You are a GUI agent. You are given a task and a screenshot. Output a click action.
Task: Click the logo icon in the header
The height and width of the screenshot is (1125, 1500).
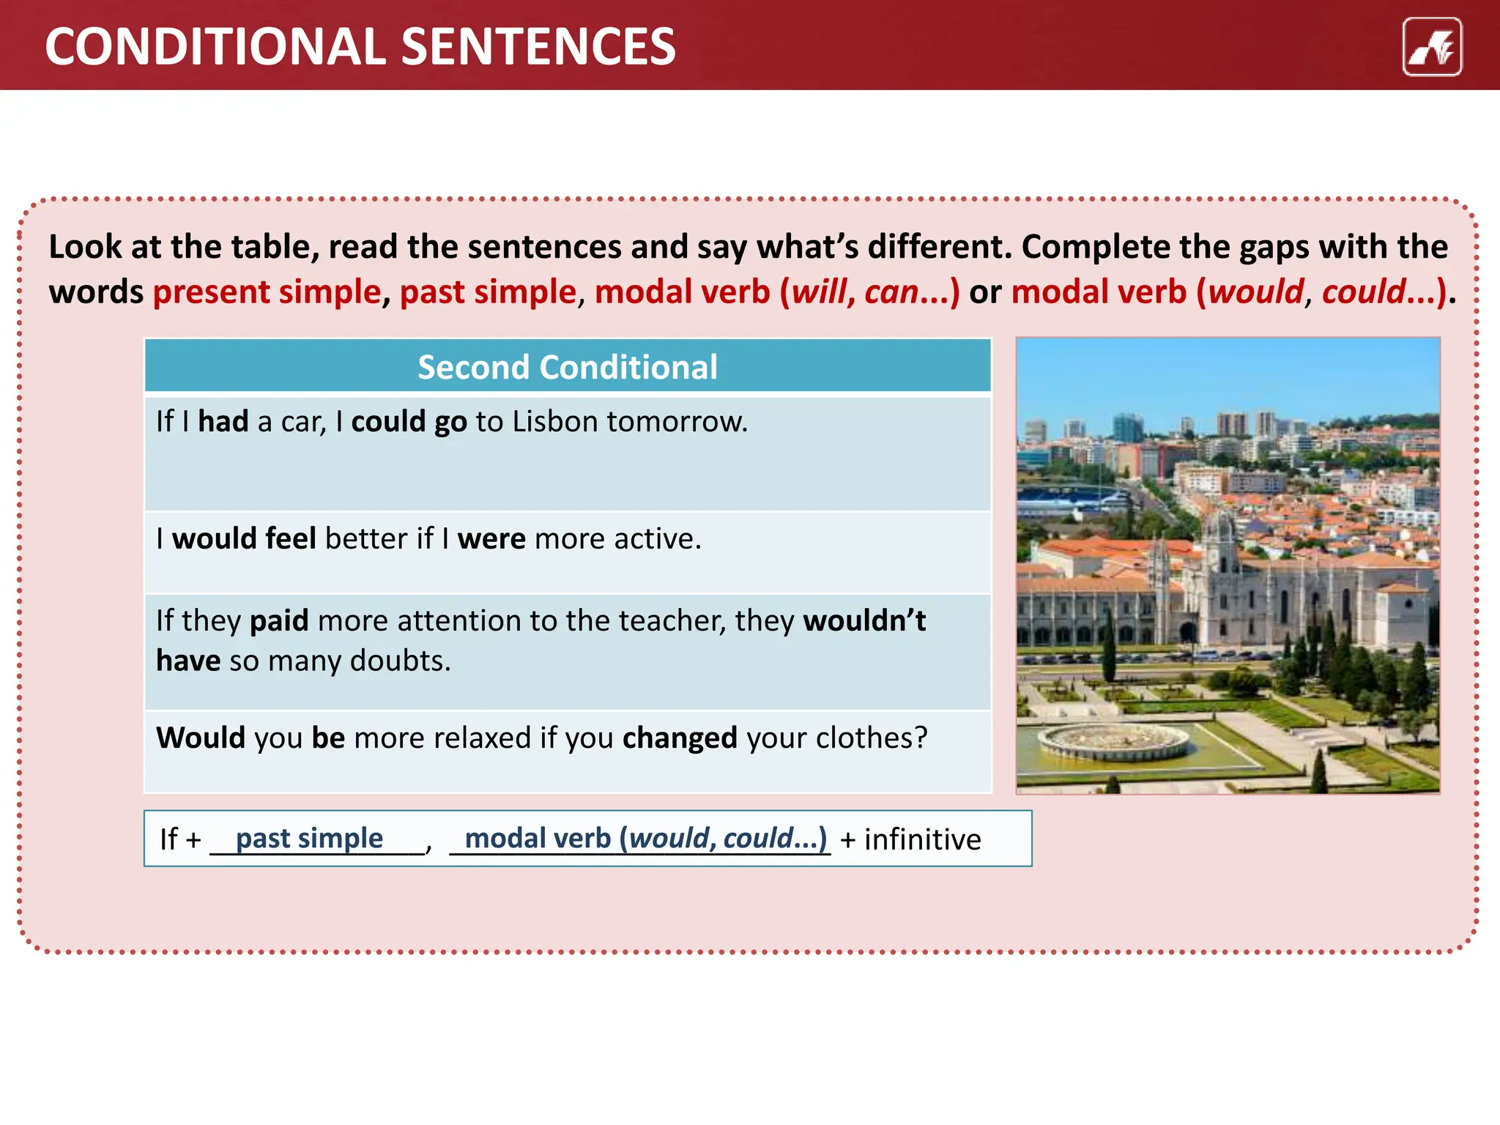1431,47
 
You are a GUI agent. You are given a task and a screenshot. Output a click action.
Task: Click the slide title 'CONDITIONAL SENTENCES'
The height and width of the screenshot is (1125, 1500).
360,47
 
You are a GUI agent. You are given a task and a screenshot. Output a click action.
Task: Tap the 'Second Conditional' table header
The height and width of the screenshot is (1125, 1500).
568,367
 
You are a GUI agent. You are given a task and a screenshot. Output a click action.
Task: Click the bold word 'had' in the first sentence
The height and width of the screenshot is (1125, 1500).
223,422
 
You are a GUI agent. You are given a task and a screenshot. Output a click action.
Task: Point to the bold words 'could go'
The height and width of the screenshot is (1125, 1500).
409,423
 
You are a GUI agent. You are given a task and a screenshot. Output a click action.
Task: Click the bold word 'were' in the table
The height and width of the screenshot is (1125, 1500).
491,539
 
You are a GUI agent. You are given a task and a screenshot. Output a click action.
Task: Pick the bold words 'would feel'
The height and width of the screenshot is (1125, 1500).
244,539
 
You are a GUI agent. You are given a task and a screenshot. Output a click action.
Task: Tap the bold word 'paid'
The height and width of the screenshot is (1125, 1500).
279,621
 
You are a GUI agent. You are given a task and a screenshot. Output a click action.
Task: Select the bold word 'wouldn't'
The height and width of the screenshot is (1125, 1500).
864,621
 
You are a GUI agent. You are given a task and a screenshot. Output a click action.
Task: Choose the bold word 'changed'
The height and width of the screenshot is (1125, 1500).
680,738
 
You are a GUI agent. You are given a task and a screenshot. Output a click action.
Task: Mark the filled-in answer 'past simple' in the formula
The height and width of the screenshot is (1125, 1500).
309,839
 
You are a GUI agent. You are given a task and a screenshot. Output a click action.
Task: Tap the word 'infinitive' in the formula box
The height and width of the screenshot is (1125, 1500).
922,839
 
